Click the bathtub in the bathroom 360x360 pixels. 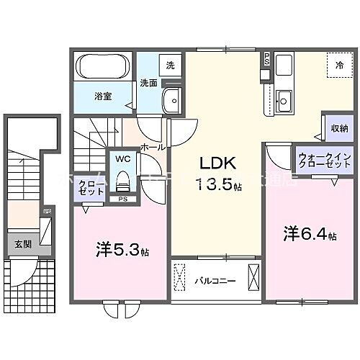[x=102, y=68]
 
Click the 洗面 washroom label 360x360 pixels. [x=148, y=81]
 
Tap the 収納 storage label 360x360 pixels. [x=340, y=128]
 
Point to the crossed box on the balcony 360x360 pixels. [x=254, y=277]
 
